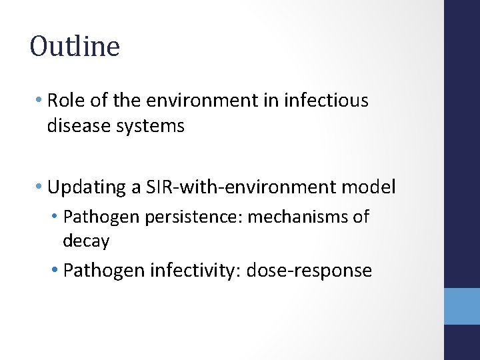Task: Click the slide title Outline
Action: pyautogui.click(x=75, y=47)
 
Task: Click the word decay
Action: pyautogui.click(x=86, y=241)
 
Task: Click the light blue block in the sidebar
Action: pyautogui.click(x=461, y=306)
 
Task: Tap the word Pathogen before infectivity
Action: pyautogui.click(x=105, y=271)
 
